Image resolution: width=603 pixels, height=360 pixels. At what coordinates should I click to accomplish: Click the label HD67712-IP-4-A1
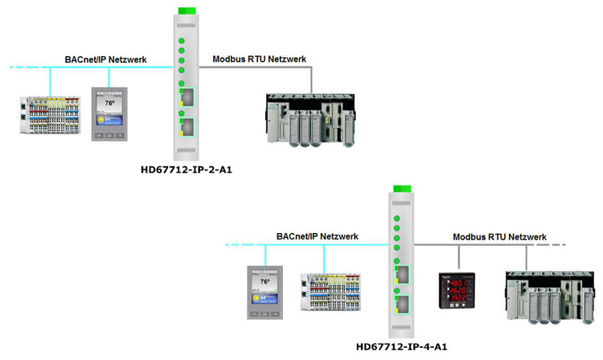(401, 347)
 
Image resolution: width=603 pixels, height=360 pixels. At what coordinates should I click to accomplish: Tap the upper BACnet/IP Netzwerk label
(105, 59)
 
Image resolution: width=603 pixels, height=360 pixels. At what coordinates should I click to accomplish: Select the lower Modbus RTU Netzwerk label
(499, 237)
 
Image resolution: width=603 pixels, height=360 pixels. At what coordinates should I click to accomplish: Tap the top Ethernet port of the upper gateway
(186, 98)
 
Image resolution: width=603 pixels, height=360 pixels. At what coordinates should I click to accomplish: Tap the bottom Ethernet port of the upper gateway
(186, 126)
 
